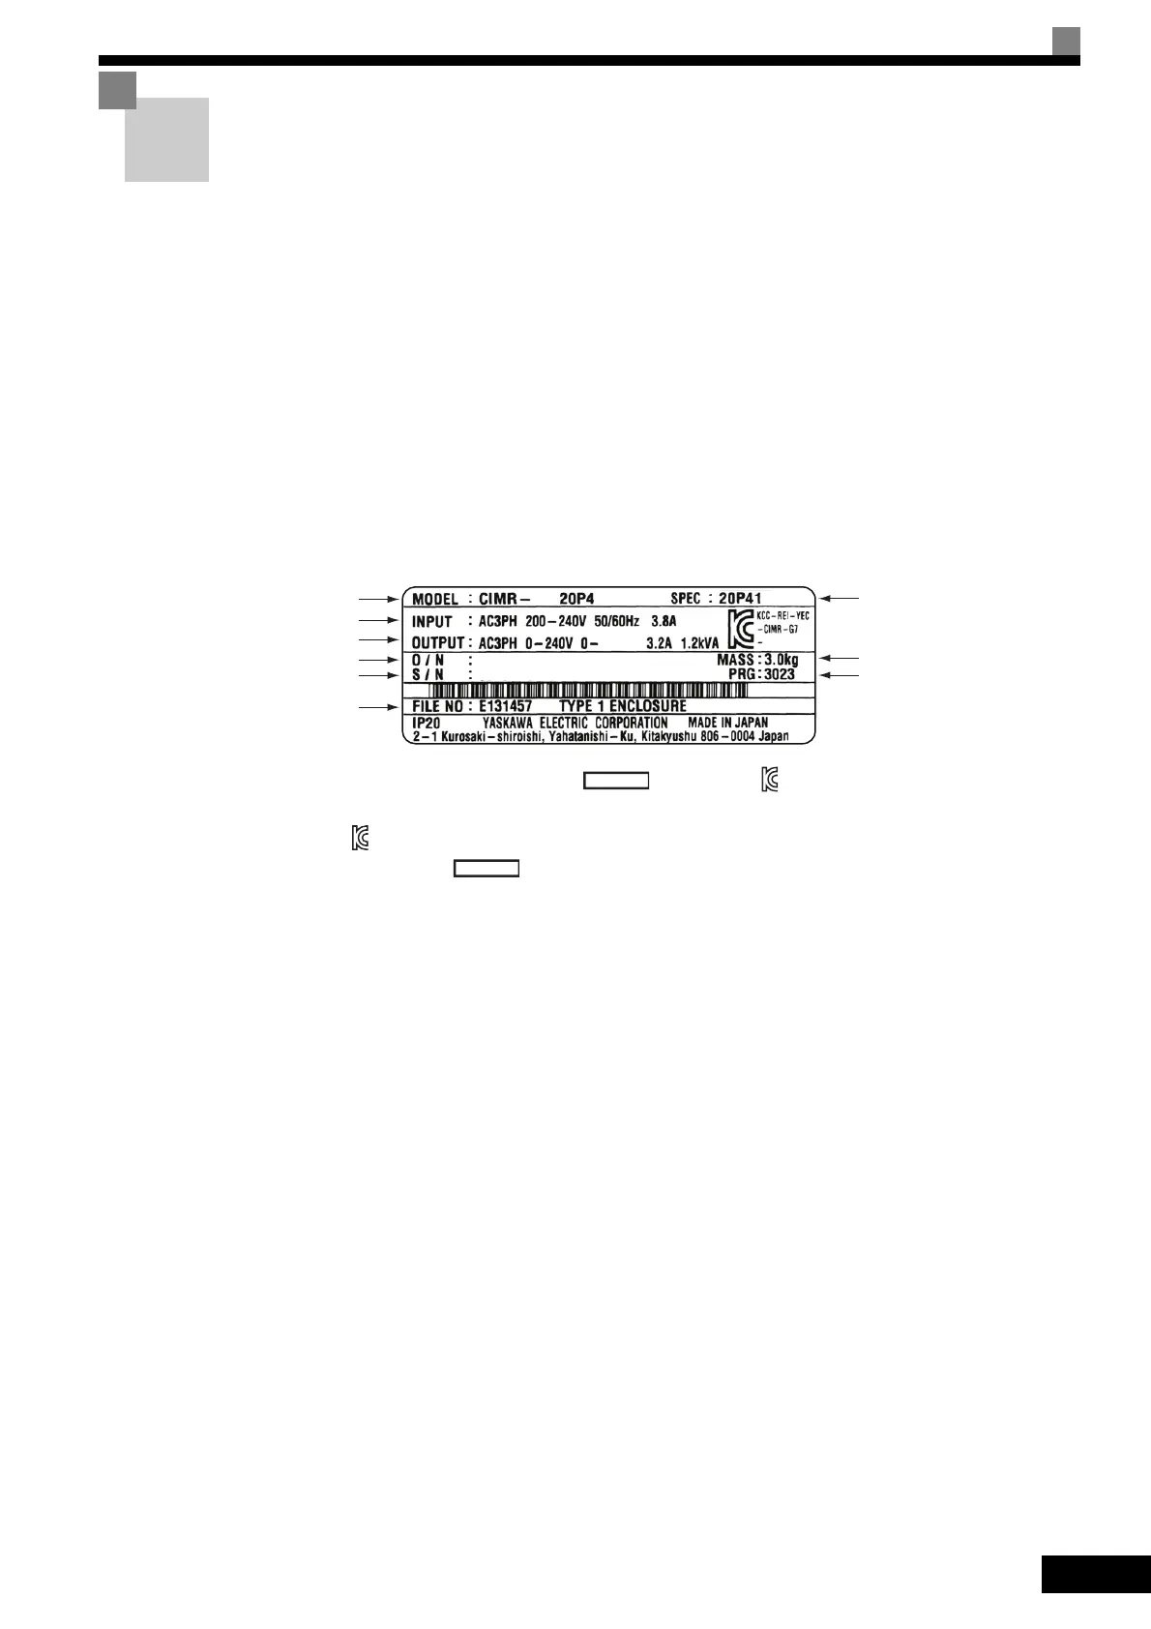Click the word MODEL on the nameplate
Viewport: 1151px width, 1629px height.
435,600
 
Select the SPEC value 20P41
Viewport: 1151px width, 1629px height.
740,599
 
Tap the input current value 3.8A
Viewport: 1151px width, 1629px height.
664,621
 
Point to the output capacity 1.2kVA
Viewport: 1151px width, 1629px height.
698,642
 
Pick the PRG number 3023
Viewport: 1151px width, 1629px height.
779,674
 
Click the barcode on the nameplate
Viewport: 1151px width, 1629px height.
588,691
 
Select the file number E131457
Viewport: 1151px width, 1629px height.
505,707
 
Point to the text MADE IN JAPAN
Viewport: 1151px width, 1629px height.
727,723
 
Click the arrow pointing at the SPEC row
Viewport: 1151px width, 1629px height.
839,599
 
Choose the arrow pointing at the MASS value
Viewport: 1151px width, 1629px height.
839,659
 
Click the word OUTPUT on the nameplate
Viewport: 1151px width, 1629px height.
438,642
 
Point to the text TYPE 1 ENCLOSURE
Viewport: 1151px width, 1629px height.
623,707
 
